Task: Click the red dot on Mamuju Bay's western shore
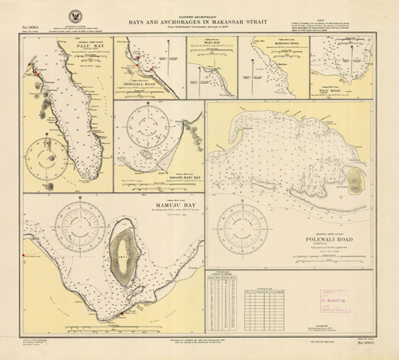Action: pos(26,255)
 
